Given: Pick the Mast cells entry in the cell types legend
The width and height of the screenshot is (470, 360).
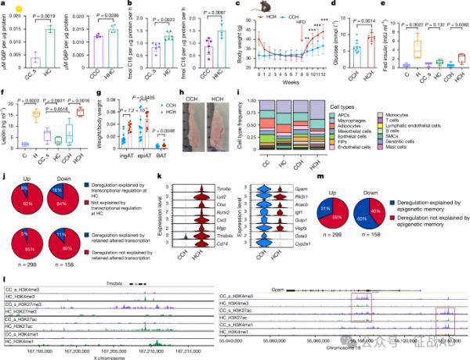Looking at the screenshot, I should pyautogui.click(x=420, y=146).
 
